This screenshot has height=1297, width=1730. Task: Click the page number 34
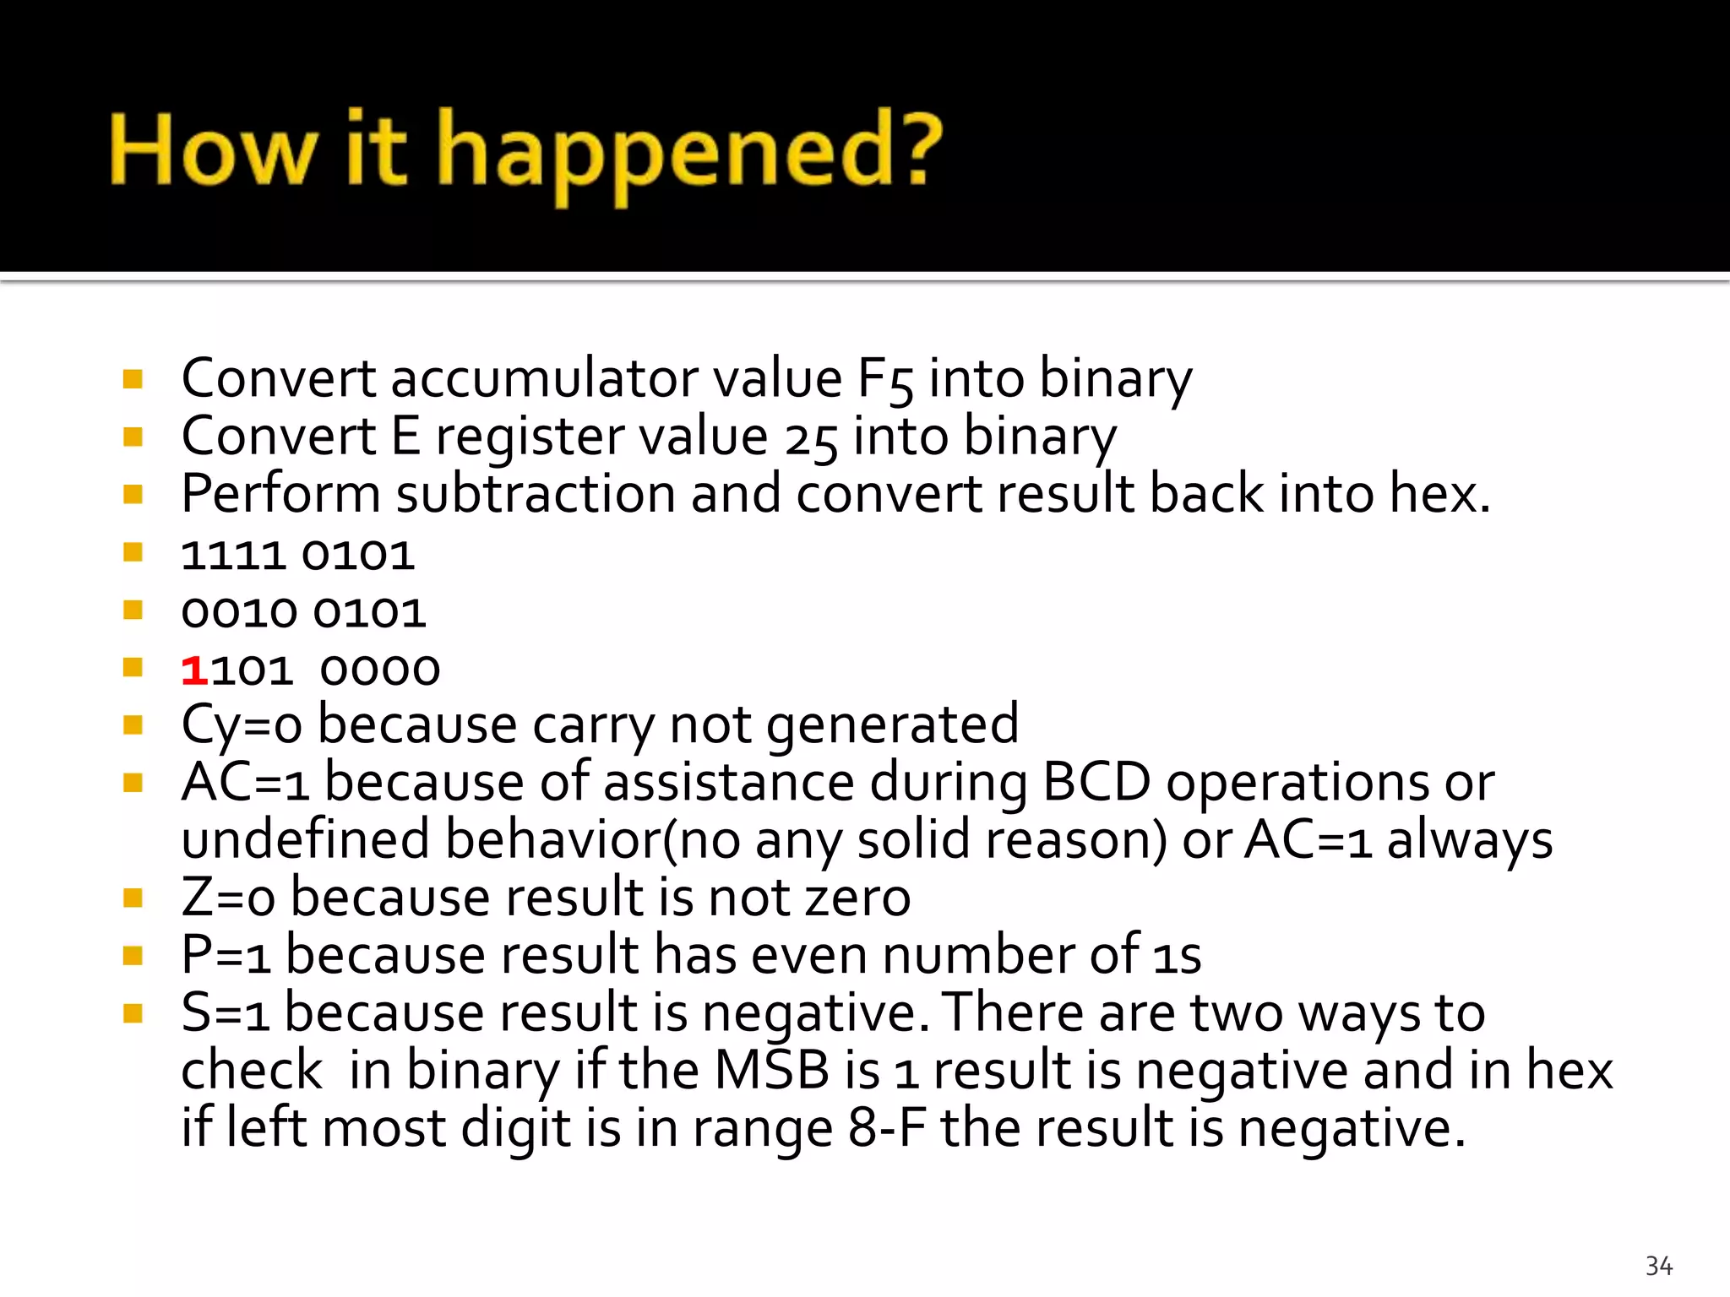[x=1658, y=1266]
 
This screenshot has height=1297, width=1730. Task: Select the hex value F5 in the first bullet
[x=884, y=379]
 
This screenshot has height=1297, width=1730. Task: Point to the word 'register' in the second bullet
[x=528, y=437]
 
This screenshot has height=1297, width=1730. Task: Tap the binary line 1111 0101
[x=297, y=556]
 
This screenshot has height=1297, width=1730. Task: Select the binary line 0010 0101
[x=303, y=613]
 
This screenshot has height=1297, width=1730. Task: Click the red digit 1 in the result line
[x=194, y=670]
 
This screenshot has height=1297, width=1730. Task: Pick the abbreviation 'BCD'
[x=1096, y=782]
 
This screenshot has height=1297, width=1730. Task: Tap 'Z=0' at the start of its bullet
[x=228, y=898]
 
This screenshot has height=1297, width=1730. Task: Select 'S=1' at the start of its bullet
[x=225, y=1012]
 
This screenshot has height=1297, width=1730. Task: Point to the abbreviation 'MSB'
[x=771, y=1070]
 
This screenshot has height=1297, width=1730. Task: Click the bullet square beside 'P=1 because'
[x=133, y=955]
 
